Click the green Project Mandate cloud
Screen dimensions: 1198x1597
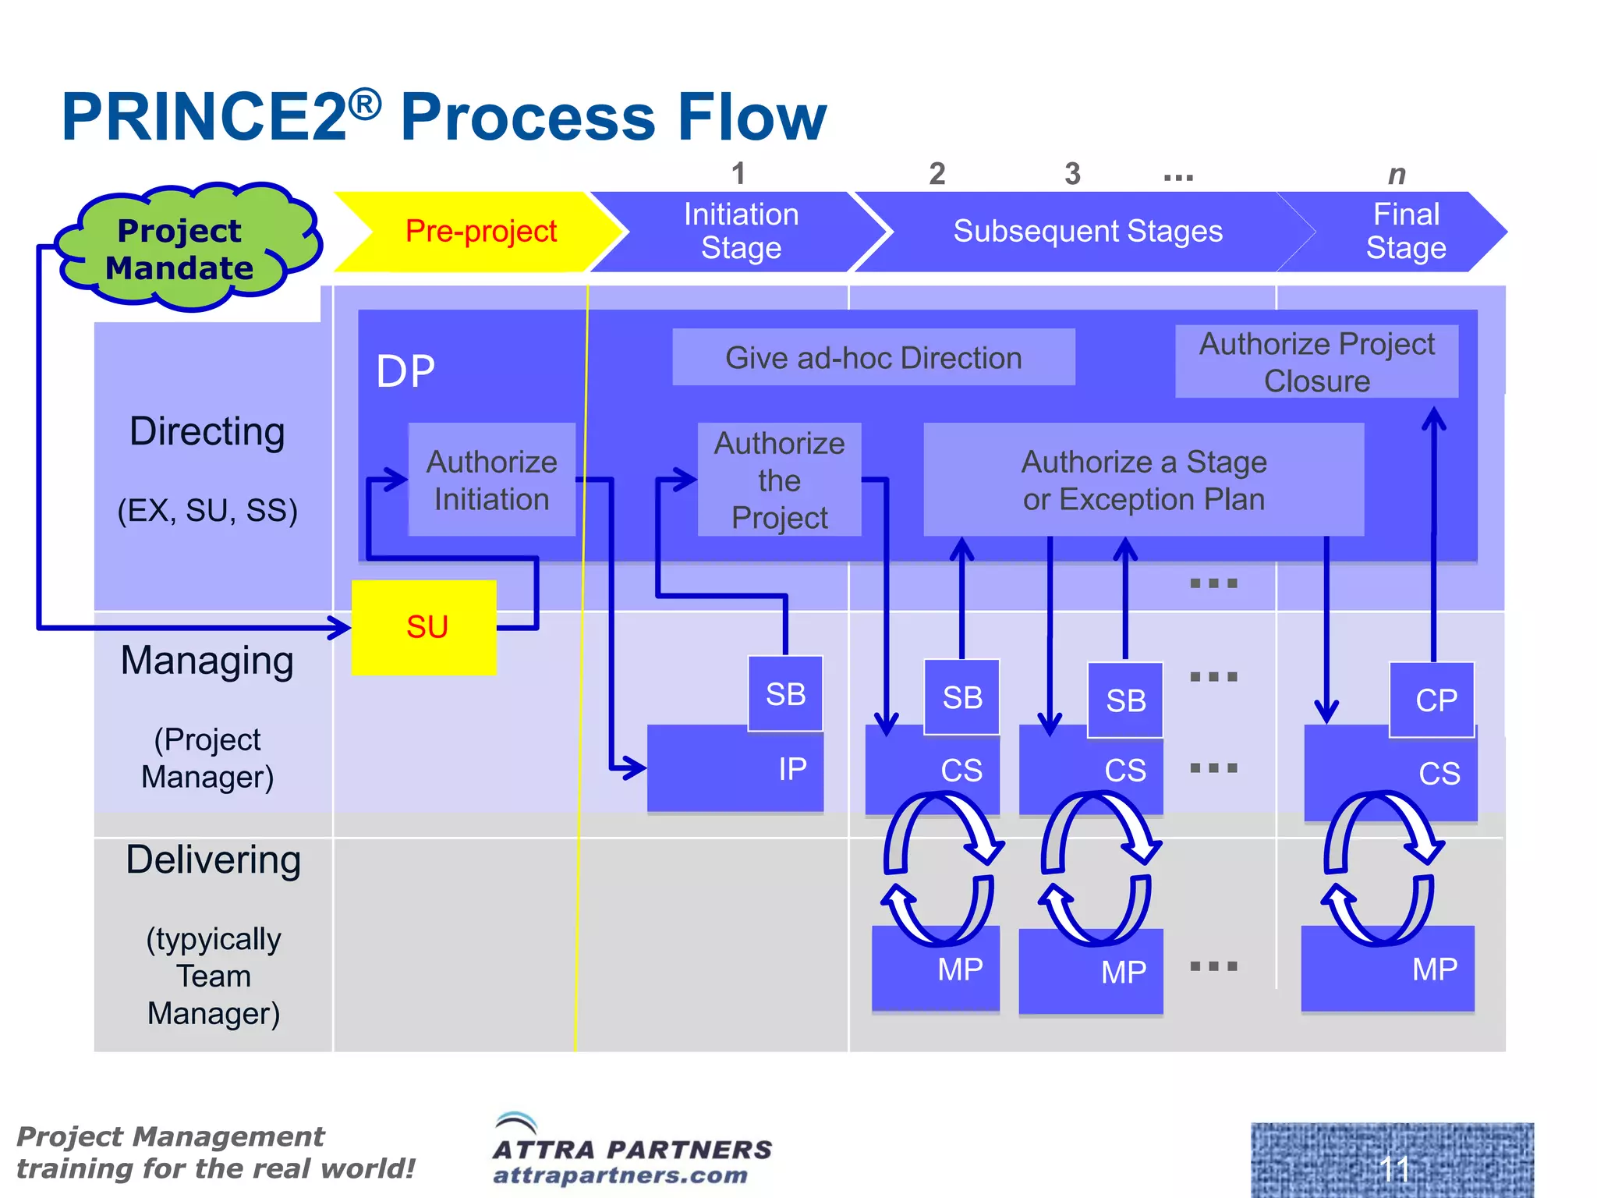coord(183,248)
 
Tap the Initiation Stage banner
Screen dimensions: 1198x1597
coord(741,232)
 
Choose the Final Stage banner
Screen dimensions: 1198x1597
coord(1406,232)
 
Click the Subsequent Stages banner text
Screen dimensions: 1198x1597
coord(1087,232)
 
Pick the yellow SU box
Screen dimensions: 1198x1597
coord(424,627)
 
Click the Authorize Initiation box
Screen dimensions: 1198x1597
coord(491,480)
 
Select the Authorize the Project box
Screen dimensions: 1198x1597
coord(779,480)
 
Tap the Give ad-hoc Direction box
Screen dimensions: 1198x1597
coord(873,357)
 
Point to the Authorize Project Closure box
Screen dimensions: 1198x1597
coord(1316,362)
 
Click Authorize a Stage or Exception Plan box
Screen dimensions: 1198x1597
coord(1143,480)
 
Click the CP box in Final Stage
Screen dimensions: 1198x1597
coord(1432,700)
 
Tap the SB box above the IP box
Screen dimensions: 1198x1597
coord(785,693)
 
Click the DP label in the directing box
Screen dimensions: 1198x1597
coord(405,371)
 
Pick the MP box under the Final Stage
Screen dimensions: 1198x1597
coord(1388,969)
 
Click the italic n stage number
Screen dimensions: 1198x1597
coord(1397,175)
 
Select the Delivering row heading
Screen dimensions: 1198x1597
coord(213,860)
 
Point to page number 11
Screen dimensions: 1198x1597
coord(1394,1168)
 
